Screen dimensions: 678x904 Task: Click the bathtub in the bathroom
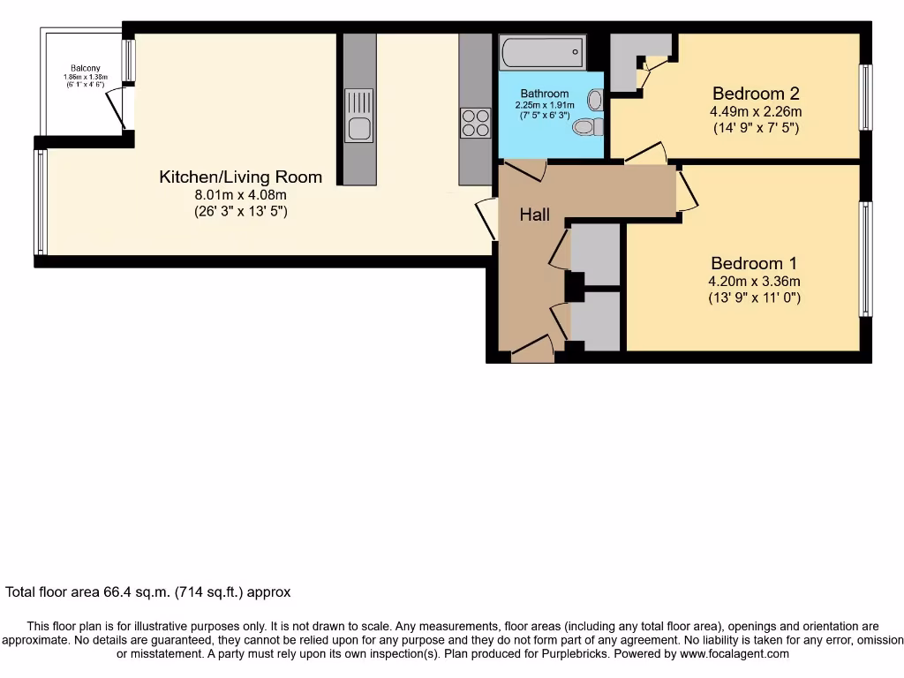pos(542,52)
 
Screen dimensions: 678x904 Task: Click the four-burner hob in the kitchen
pos(476,122)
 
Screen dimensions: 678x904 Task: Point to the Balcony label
pos(86,68)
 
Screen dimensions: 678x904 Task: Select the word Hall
pos(534,215)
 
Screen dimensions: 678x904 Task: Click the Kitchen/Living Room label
pos(240,177)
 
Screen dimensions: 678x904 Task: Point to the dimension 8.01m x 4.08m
pos(240,195)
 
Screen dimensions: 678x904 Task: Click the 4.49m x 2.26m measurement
pos(757,112)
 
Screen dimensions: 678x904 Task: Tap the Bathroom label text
pos(544,94)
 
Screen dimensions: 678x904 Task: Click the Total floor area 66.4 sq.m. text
pos(147,592)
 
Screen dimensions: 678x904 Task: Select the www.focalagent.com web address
pos(733,654)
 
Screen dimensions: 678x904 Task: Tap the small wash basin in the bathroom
pos(594,100)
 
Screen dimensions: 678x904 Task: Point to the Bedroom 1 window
pos(866,260)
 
